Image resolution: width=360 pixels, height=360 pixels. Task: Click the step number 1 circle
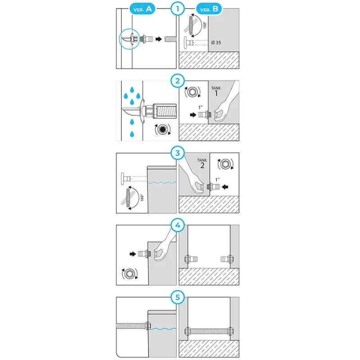coord(178,9)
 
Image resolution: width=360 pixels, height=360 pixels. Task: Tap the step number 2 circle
coord(178,81)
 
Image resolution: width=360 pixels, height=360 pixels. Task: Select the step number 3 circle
coord(178,153)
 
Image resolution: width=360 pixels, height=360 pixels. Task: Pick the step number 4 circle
coord(178,225)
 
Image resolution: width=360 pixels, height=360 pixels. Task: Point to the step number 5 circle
coord(178,297)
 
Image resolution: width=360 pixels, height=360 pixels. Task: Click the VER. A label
coord(144,9)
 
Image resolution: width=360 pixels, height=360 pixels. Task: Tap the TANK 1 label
coord(216,91)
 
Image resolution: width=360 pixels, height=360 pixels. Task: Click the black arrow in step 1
coord(158,39)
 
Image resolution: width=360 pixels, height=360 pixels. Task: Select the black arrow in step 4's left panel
coord(132,254)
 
